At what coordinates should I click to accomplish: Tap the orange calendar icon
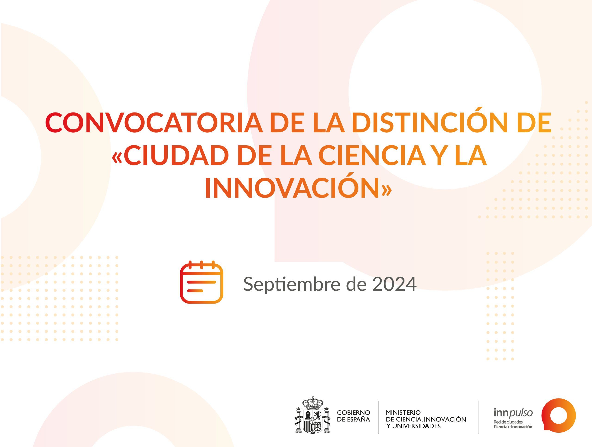pos(201,282)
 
